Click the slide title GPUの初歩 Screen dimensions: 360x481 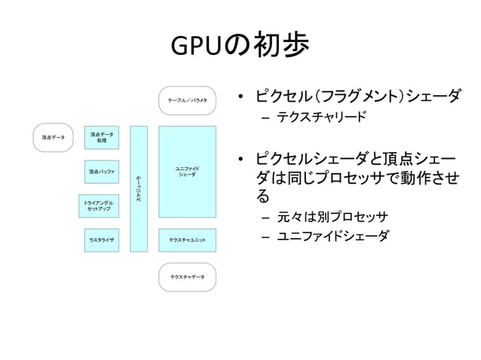tap(240, 47)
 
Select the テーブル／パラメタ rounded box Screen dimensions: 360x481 tap(187, 100)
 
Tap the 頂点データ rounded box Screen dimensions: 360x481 tap(53, 138)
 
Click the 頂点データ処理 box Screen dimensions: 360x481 tap(101, 138)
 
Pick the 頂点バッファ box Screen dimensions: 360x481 tap(101, 172)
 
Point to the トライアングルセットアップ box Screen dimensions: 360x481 tap(100, 206)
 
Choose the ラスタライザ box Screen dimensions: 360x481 tap(101, 239)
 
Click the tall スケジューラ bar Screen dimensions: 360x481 tap(139, 188)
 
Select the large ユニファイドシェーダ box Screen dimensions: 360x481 tap(187, 172)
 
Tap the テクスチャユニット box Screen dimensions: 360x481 tap(187, 239)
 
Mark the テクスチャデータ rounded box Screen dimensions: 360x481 tap(187, 277)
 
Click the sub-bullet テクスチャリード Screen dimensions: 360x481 tap(321, 117)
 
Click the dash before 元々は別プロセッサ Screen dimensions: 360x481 tap(266, 218)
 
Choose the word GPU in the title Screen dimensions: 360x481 tap(198, 47)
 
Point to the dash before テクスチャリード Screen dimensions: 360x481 tap(266, 118)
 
